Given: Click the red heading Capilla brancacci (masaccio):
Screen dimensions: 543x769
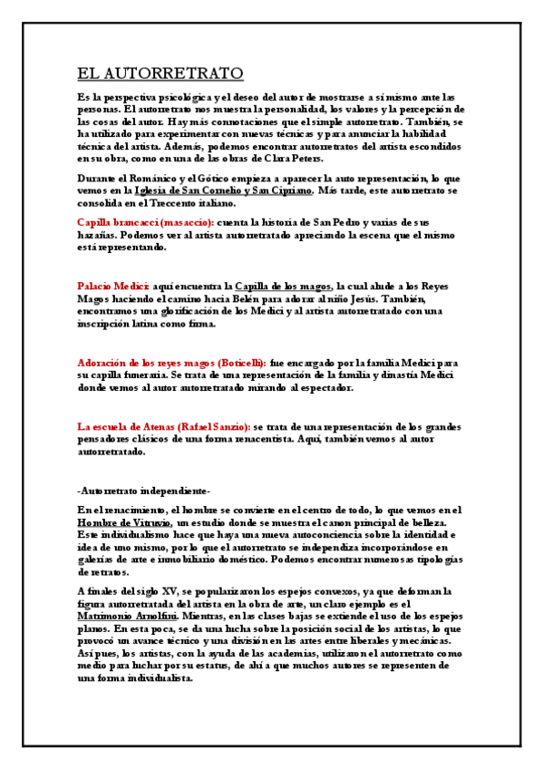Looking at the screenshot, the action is tap(146, 222).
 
